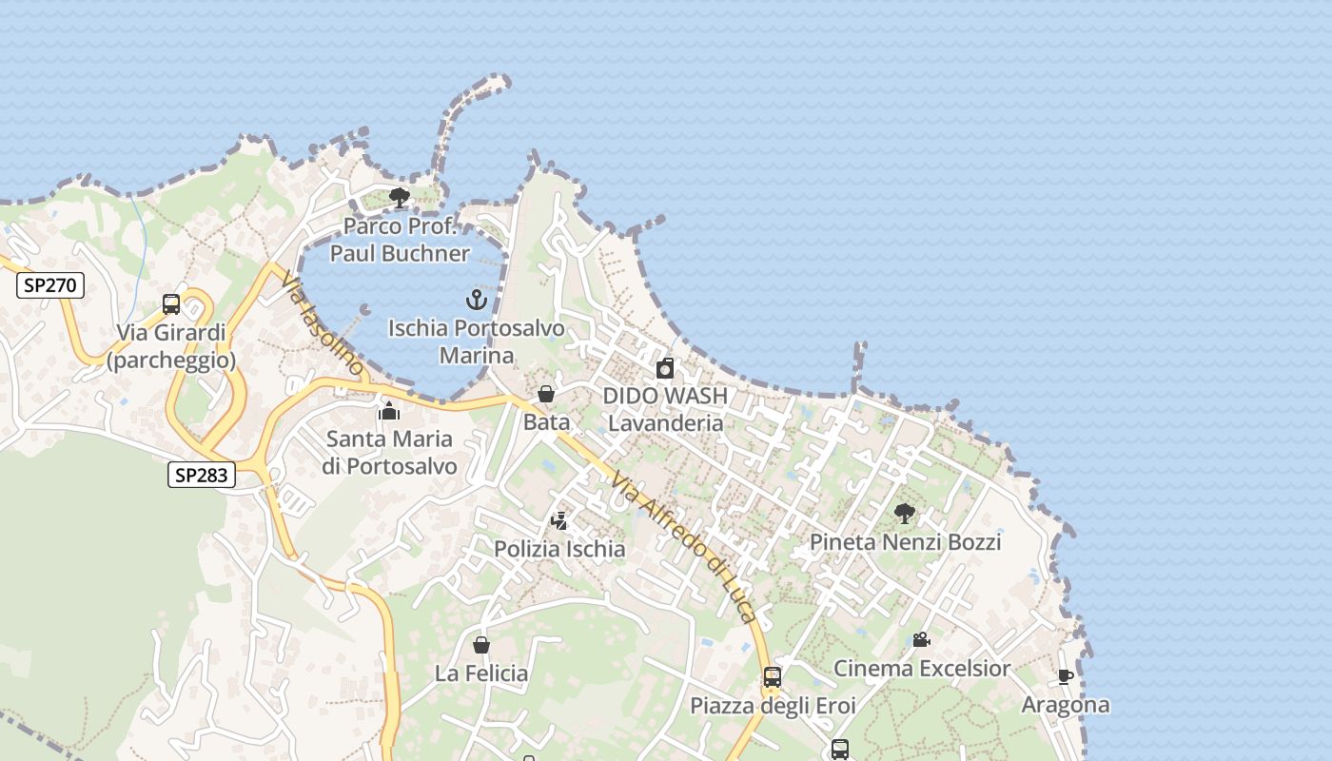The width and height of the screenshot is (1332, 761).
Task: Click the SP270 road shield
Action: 50,284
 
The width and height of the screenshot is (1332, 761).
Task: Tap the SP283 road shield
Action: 202,474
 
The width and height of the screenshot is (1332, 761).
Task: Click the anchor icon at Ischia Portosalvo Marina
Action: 476,301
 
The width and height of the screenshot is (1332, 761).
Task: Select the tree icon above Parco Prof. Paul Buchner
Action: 400,198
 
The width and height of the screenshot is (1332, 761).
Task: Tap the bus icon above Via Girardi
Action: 171,304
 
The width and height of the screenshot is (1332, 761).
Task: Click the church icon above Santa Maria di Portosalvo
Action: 388,411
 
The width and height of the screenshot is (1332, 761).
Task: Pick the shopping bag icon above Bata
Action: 546,394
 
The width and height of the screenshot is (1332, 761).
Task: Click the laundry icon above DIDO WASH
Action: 665,368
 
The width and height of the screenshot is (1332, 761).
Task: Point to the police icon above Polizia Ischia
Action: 559,521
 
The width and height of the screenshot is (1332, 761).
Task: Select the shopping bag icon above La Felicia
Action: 481,645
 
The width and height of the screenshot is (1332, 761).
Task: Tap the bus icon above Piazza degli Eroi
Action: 773,677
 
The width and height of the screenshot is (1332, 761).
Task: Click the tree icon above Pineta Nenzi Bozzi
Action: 905,514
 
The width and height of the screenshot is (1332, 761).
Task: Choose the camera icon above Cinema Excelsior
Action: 921,639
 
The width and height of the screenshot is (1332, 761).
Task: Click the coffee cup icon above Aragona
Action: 1065,676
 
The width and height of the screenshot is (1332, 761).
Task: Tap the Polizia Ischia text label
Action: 559,549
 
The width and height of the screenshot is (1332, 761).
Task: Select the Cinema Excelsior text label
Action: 921,668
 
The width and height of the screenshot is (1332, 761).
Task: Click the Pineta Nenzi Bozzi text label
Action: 905,542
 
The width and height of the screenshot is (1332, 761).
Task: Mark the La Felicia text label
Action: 481,673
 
